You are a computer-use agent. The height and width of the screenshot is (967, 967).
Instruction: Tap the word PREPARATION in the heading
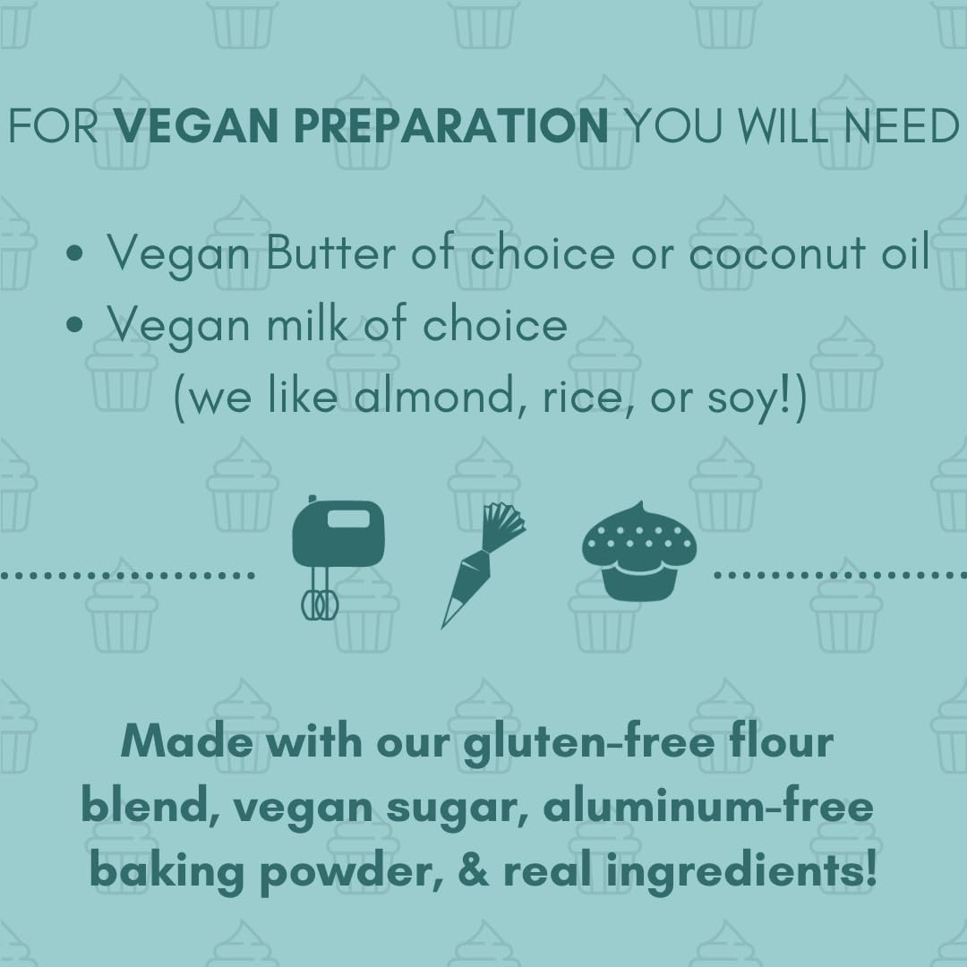[x=452, y=127]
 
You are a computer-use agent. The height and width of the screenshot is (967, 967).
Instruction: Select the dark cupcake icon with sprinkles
[x=639, y=550]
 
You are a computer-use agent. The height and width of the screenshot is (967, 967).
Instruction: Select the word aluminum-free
[x=707, y=807]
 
